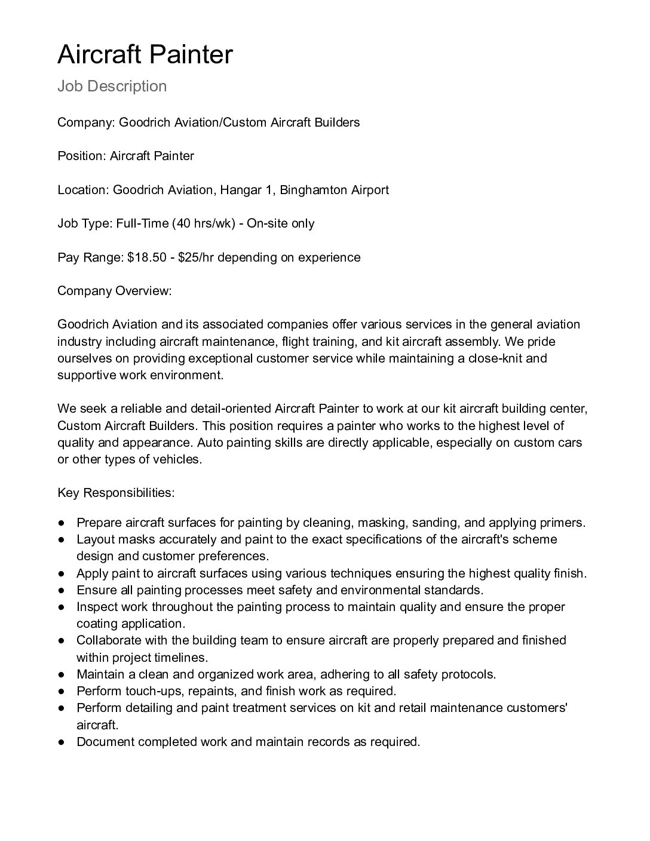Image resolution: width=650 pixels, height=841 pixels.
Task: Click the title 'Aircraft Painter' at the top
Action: coord(145,54)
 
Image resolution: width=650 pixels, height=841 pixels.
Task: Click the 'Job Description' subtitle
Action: coord(112,86)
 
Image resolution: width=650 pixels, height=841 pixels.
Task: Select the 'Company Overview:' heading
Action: coord(114,291)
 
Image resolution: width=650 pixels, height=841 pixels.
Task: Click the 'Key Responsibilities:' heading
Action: coord(116,493)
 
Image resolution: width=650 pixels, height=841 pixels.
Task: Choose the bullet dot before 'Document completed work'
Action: coord(62,742)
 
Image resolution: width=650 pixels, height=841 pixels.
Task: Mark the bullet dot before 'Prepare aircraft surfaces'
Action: coord(62,523)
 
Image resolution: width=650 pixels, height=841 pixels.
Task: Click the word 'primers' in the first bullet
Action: coord(561,523)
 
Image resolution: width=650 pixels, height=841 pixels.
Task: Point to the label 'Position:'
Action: coord(81,156)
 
